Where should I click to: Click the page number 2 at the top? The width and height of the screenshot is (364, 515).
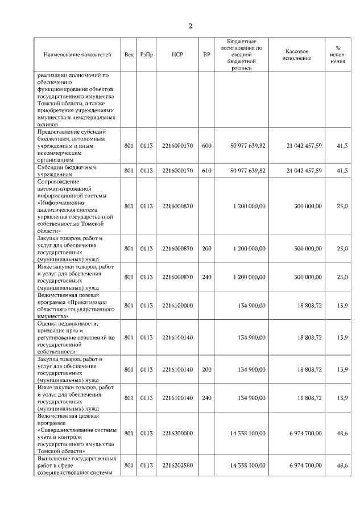pos(191,26)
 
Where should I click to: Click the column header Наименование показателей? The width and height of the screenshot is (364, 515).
pos(77,55)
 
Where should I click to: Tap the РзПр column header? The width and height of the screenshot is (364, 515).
pos(147,55)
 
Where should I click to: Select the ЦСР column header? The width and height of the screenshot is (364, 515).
pos(177,55)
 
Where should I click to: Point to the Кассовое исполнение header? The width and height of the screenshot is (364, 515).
pos(296,55)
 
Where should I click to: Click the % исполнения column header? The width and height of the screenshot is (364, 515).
pos(338,55)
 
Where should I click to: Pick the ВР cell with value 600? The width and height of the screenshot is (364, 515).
pos(206,146)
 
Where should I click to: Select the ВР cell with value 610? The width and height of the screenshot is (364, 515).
pos(206,171)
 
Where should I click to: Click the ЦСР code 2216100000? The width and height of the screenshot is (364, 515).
pos(177,306)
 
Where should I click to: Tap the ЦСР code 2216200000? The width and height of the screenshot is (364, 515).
pos(177,433)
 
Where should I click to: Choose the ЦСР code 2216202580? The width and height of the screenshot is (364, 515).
pos(177,465)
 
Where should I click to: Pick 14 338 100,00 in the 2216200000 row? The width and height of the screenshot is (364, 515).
pos(247,433)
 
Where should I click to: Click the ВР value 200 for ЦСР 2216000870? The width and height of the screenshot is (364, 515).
pos(206,249)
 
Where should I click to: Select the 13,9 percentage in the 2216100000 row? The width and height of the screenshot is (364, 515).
pos(342,306)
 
